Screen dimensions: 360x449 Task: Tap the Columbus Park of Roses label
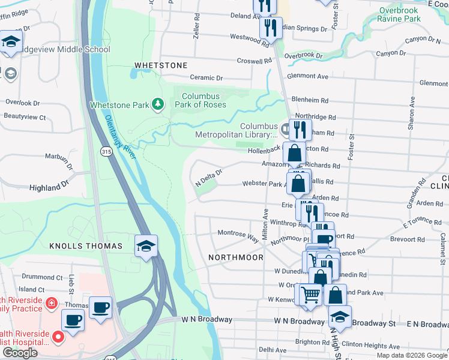(x=204, y=100)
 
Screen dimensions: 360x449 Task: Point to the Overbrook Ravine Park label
(x=408, y=14)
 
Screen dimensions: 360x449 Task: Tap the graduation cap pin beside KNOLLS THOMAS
(x=146, y=247)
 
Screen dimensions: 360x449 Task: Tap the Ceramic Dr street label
(x=206, y=78)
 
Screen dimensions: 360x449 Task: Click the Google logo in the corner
(x=20, y=353)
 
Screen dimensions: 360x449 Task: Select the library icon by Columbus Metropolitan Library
(x=286, y=127)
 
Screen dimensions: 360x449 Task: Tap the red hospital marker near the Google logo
(x=58, y=337)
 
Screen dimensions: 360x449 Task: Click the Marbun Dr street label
(x=59, y=161)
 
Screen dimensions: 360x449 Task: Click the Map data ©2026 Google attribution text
(x=411, y=355)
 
